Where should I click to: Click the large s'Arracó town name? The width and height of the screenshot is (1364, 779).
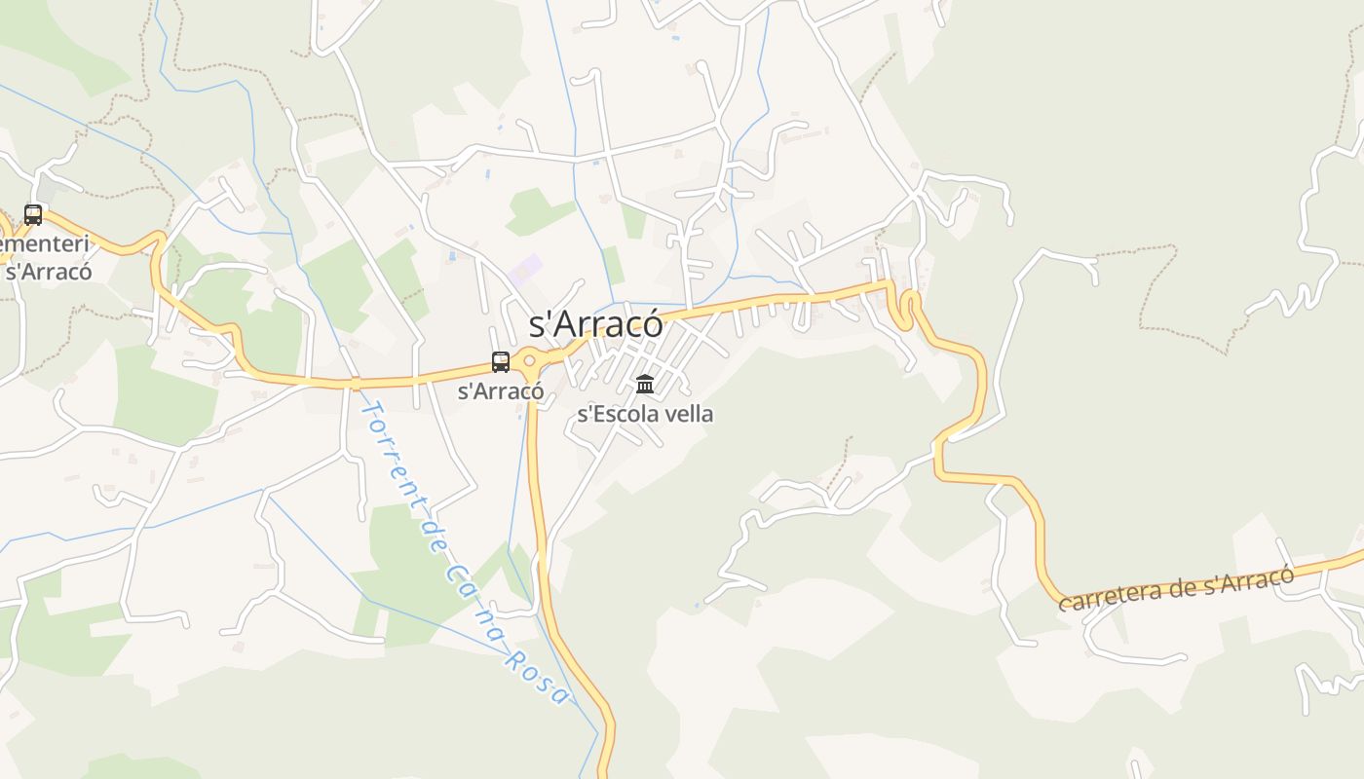point(595,323)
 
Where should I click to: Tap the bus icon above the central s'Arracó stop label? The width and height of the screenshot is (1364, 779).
point(501,362)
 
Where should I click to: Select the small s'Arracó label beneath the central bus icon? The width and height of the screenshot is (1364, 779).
point(501,391)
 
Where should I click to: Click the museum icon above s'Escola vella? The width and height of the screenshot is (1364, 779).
point(645,384)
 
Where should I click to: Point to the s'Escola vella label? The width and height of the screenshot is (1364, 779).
point(645,414)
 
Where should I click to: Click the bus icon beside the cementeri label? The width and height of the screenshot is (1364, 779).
point(33,214)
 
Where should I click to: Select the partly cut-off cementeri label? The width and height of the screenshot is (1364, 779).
point(46,243)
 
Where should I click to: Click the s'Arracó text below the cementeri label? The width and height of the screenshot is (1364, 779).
point(49,271)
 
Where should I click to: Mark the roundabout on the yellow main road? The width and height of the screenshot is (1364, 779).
point(530,361)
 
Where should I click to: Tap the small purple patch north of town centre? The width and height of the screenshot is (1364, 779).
point(524,269)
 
